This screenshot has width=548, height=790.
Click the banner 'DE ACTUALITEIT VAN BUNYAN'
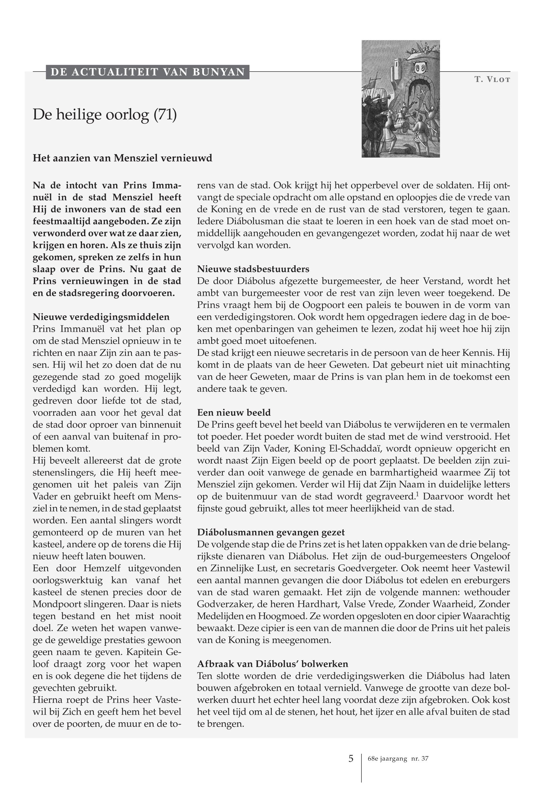[x=148, y=72]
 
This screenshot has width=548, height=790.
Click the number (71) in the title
[x=165, y=115]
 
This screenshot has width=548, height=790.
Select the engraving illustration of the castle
[x=401, y=99]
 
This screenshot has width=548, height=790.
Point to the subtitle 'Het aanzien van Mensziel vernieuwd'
[x=122, y=158]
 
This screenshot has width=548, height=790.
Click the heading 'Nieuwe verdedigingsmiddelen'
[x=101, y=317]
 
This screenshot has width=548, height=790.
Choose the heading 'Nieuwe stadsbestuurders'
[x=253, y=269]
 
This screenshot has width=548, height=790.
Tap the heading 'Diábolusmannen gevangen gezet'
[x=271, y=532]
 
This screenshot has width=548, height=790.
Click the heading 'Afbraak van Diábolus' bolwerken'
[x=273, y=664]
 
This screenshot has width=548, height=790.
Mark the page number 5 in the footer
[x=350, y=759]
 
